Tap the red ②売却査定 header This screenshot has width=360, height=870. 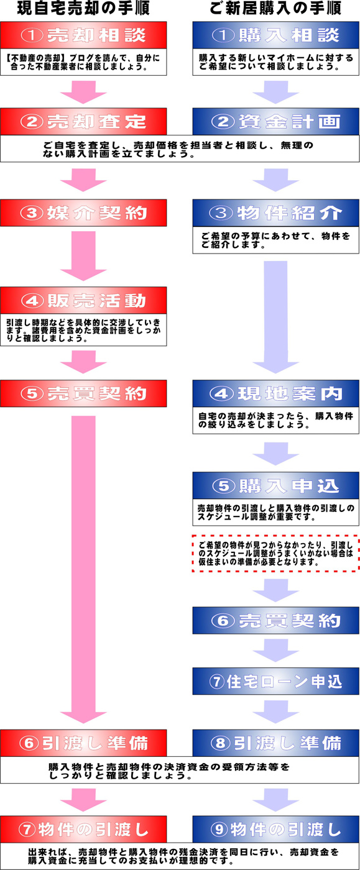click(x=83, y=122)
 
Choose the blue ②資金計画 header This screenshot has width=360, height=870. click(x=275, y=122)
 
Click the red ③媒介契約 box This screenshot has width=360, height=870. click(x=83, y=213)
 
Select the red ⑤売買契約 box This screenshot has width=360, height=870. click(x=83, y=393)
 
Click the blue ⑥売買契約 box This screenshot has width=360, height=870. click(x=275, y=620)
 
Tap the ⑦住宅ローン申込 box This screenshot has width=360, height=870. click(x=275, y=681)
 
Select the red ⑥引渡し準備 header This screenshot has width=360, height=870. click(x=83, y=743)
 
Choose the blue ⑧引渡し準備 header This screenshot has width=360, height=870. click(x=275, y=743)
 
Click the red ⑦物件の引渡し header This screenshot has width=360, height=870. click(x=83, y=829)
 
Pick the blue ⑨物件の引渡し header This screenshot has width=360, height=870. click(x=275, y=829)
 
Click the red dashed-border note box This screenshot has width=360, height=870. click(x=275, y=554)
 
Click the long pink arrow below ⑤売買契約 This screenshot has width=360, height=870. click(x=83, y=570)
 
